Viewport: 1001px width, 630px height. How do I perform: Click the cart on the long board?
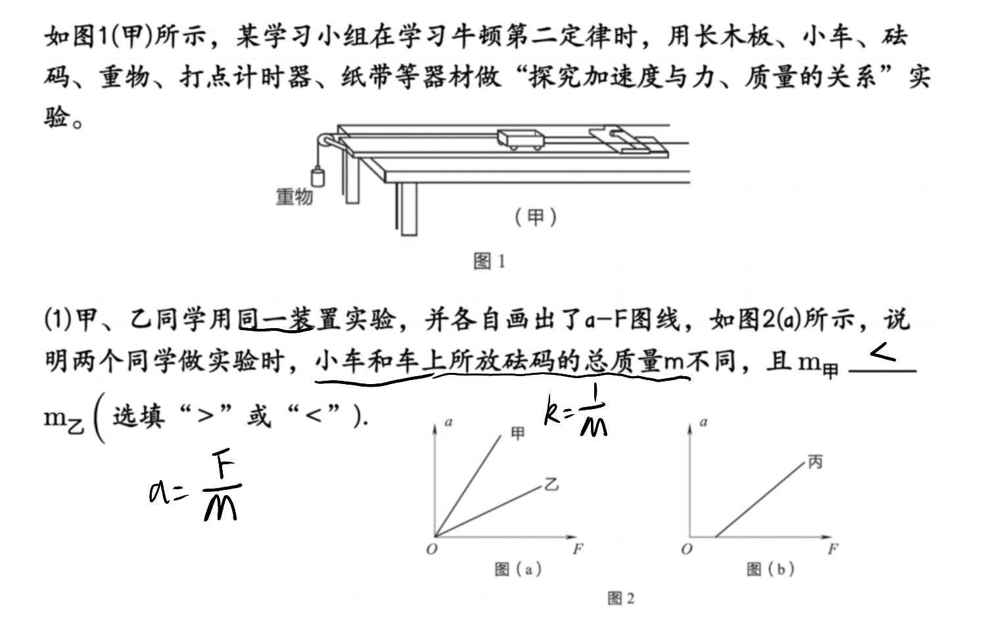click(x=521, y=139)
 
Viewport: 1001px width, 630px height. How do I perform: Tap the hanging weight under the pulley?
click(x=317, y=176)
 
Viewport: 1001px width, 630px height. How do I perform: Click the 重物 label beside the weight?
click(x=294, y=197)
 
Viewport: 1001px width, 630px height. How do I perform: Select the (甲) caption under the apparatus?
click(x=536, y=218)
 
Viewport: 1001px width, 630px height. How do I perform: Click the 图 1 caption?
click(x=490, y=261)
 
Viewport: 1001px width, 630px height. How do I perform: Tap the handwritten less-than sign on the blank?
click(x=883, y=352)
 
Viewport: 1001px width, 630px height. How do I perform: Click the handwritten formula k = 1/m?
click(x=576, y=410)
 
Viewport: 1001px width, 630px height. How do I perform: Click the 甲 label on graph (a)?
click(x=518, y=433)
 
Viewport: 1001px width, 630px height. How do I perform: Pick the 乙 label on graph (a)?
click(x=551, y=484)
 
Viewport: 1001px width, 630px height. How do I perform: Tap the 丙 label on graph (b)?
click(x=815, y=462)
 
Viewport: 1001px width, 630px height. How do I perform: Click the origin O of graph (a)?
click(x=432, y=548)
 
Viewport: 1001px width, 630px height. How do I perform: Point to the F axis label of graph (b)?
click(x=833, y=548)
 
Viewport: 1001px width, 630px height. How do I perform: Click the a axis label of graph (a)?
click(x=449, y=422)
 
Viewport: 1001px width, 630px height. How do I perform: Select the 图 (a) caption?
click(x=519, y=569)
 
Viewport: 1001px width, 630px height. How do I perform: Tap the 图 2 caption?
click(x=621, y=598)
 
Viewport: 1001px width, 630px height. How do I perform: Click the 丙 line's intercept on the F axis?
click(x=716, y=536)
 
